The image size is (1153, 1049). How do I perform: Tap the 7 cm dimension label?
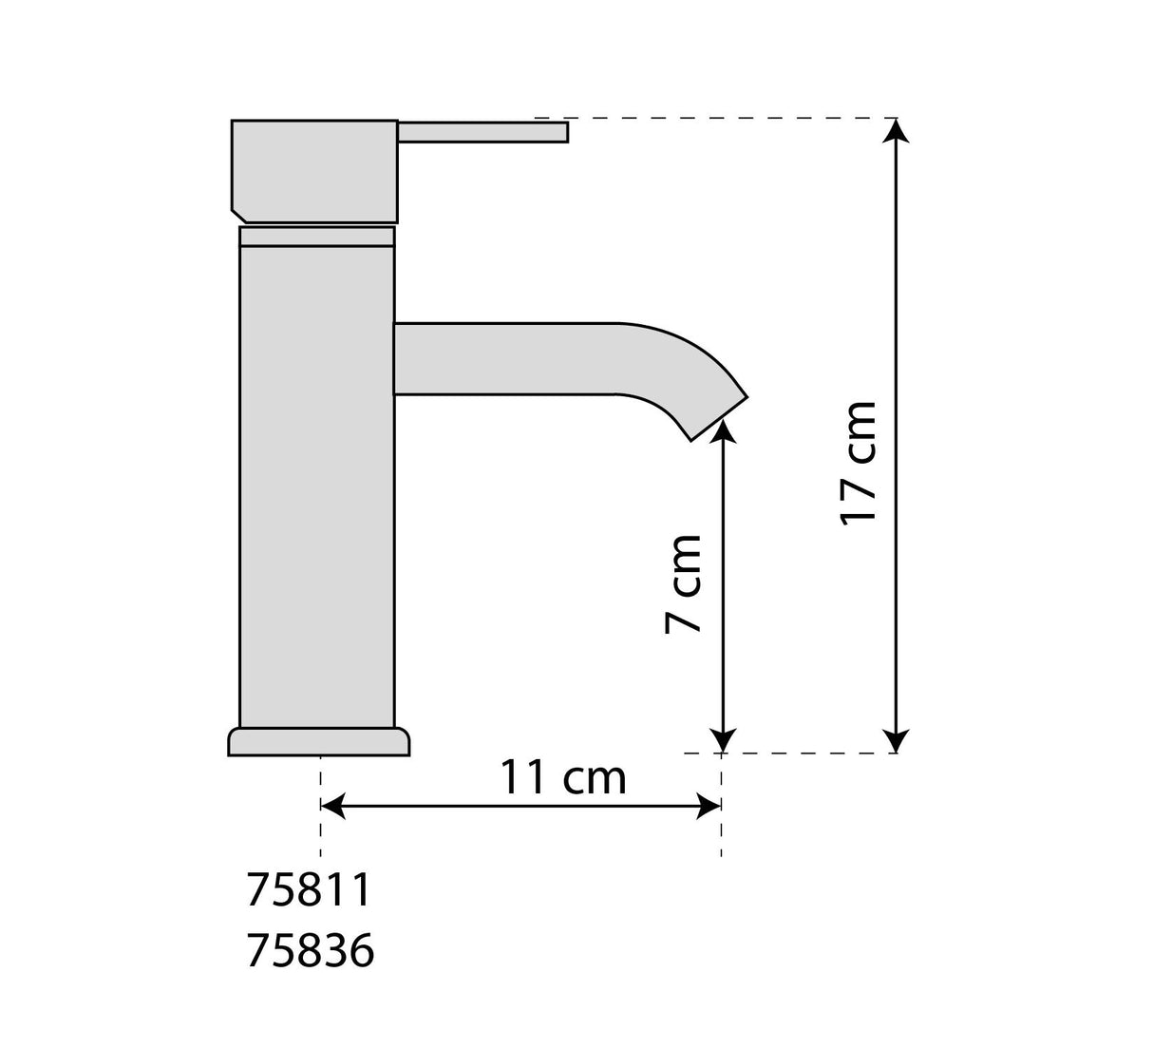click(683, 582)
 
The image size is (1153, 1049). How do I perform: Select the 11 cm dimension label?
click(563, 778)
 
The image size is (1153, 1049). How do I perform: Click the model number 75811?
click(308, 890)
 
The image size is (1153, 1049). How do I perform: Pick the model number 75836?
click(311, 950)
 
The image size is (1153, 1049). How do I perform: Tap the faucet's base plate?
click(319, 742)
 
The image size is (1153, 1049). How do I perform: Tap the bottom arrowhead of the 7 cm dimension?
click(724, 739)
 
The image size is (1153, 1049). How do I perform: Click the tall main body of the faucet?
click(316, 485)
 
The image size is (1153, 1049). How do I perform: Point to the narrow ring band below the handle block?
click(316, 236)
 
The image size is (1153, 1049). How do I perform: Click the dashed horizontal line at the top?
click(722, 118)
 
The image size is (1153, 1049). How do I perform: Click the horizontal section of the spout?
click(503, 358)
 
